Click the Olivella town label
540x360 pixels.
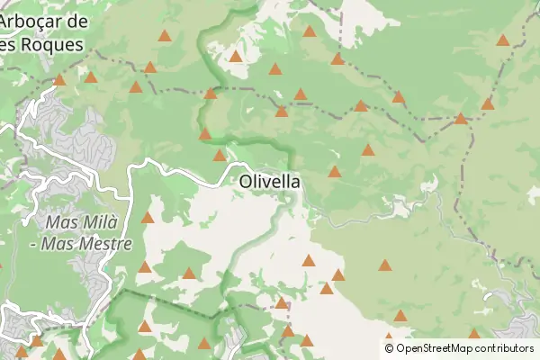pos(270,181)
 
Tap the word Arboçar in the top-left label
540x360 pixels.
pos(33,21)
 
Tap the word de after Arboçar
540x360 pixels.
pos(78,21)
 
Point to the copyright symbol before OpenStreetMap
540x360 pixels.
pos(389,348)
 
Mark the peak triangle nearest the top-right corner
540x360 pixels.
pos(502,40)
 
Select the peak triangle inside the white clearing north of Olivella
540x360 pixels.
pos(236,56)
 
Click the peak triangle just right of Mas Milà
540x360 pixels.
pos(148,217)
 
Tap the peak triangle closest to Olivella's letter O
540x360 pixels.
pos(220,155)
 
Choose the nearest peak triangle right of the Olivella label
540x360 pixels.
pos(335,171)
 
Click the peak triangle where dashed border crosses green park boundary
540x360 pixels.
pos(211,93)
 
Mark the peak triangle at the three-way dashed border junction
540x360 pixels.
pos(461,118)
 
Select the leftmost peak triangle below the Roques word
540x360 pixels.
pos(59,79)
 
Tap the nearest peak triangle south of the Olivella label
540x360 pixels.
pos(309,260)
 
